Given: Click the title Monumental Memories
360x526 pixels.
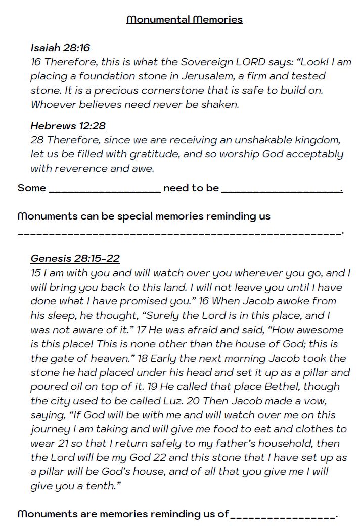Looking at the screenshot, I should point(185,20).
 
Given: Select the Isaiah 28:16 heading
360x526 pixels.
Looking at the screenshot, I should point(60,48).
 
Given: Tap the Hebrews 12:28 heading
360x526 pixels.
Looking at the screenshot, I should point(68,126).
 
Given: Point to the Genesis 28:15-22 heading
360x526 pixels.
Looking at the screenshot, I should point(75,258).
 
